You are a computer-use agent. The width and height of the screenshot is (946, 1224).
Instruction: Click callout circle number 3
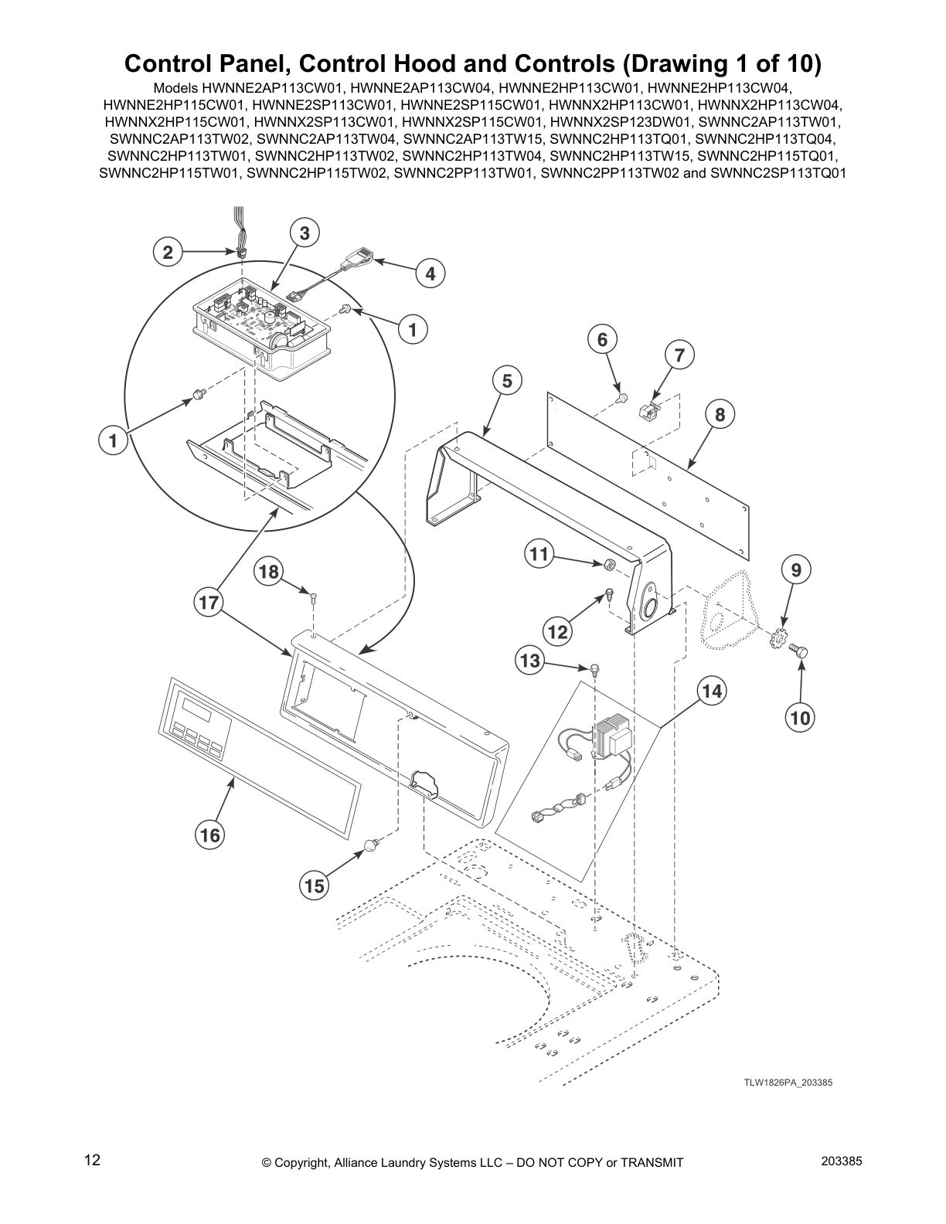pyautogui.click(x=305, y=233)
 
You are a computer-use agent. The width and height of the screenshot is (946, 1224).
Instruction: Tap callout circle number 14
pyautogui.click(x=712, y=691)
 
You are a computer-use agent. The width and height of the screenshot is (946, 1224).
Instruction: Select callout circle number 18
pyautogui.click(x=268, y=572)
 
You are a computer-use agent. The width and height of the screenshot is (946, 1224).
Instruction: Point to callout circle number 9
pyautogui.click(x=796, y=570)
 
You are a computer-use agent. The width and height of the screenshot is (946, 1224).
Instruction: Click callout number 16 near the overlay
pyautogui.click(x=210, y=835)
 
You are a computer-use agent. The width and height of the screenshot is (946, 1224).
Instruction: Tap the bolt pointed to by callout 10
pyautogui.click(x=801, y=653)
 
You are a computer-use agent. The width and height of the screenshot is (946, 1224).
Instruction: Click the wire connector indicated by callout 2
pyautogui.click(x=242, y=253)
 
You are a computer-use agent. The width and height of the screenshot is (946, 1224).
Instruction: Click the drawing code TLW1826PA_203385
pyautogui.click(x=788, y=1083)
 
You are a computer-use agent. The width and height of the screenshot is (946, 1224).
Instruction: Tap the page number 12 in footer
pyautogui.click(x=92, y=1160)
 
